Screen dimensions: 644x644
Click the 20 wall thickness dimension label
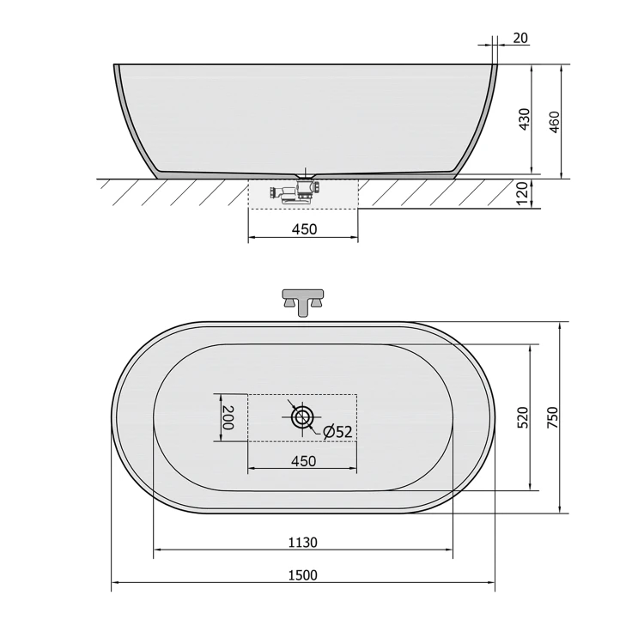[520, 38]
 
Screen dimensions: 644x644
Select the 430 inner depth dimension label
[525, 119]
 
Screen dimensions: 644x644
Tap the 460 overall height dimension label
[554, 122]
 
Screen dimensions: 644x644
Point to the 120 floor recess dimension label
[521, 194]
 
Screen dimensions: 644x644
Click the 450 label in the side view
[304, 229]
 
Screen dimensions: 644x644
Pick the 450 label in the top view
[303, 461]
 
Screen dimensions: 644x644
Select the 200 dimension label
[228, 417]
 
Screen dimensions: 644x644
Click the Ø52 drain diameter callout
[337, 432]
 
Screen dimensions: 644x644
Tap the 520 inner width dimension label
[523, 417]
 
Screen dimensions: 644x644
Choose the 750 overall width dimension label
[553, 417]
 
